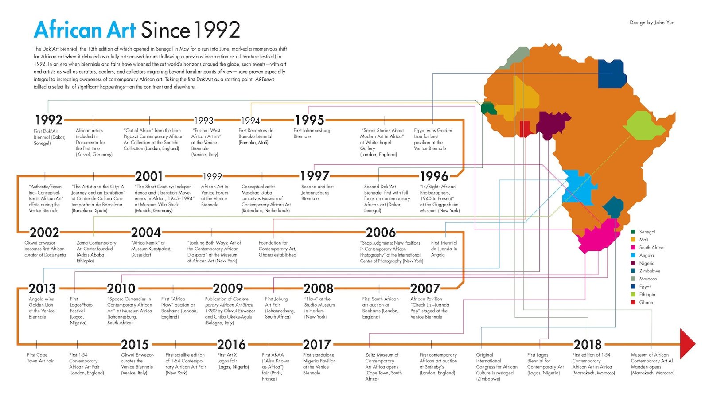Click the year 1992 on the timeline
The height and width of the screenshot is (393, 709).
pyautogui.click(x=49, y=120)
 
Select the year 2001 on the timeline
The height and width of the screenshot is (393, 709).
pyautogui.click(x=149, y=176)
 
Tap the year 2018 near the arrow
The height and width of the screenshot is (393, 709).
pyautogui.click(x=588, y=344)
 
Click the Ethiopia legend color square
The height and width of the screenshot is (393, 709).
pyautogui.click(x=633, y=295)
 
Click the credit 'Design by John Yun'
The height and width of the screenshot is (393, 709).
pyautogui.click(x=652, y=23)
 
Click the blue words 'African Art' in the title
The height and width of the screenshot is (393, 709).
pyautogui.click(x=85, y=30)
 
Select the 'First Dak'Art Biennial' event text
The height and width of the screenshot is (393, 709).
pyautogui.click(x=49, y=137)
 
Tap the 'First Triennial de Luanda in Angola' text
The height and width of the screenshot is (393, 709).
pyautogui.click(x=444, y=249)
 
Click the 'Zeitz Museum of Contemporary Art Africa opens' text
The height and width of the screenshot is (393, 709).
pyautogui.click(x=383, y=366)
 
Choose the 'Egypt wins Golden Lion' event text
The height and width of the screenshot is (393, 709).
pyautogui.click(x=433, y=140)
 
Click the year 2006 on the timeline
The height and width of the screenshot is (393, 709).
pyautogui.click(x=381, y=232)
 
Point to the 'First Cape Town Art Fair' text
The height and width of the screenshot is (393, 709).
pyautogui.click(x=40, y=358)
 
